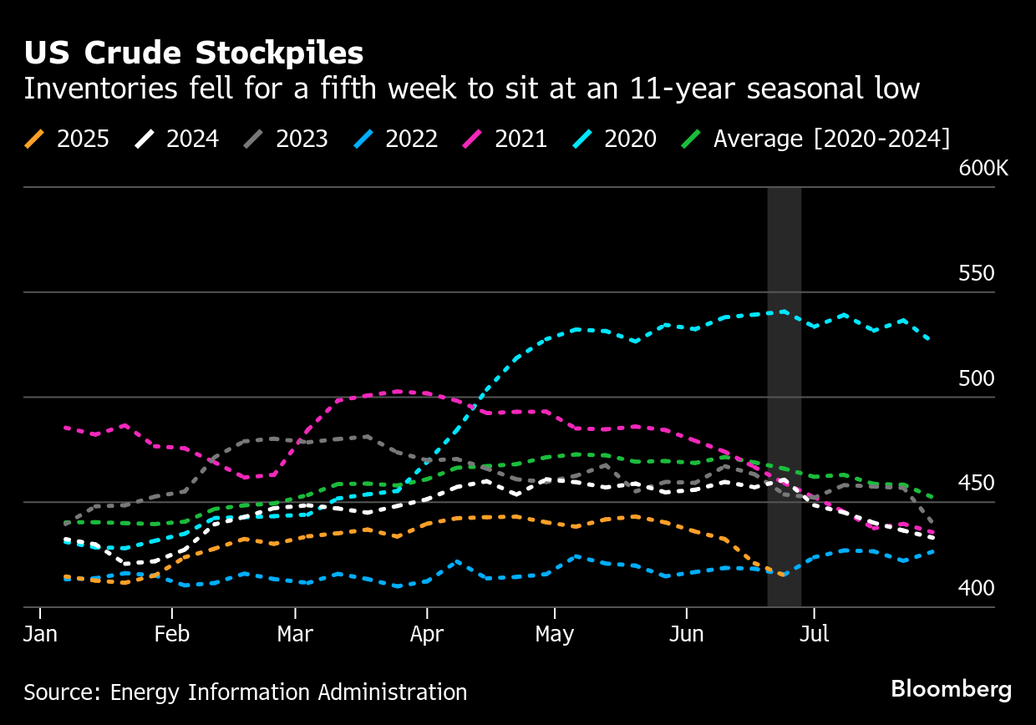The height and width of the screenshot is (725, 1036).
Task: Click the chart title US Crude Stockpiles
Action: pos(193,53)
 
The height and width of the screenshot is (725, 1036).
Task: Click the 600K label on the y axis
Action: pos(983,168)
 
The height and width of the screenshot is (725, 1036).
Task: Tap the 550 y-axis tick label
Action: pos(977,274)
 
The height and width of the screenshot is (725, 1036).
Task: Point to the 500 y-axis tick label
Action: pos(977,378)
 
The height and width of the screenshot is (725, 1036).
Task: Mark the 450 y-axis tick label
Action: pos(977,484)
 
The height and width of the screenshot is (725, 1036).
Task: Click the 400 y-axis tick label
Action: pos(977,588)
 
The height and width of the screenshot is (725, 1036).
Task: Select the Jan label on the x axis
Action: pos(40,634)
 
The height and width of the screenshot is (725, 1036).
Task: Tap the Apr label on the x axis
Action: pos(427,634)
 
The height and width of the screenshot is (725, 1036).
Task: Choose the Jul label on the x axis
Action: pos(814,634)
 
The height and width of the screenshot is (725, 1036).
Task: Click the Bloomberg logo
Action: pos(951,689)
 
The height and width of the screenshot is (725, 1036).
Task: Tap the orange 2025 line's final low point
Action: pos(783,575)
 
